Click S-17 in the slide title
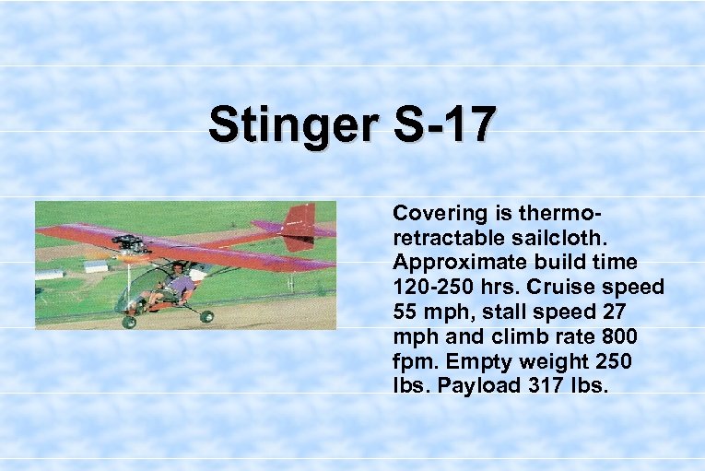pyautogui.click(x=442, y=124)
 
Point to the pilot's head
pyautogui.click(x=177, y=268)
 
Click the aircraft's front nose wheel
pyautogui.click(x=129, y=322)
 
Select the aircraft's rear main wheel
pyautogui.click(x=206, y=316)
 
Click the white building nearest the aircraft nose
pyautogui.click(x=96, y=267)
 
